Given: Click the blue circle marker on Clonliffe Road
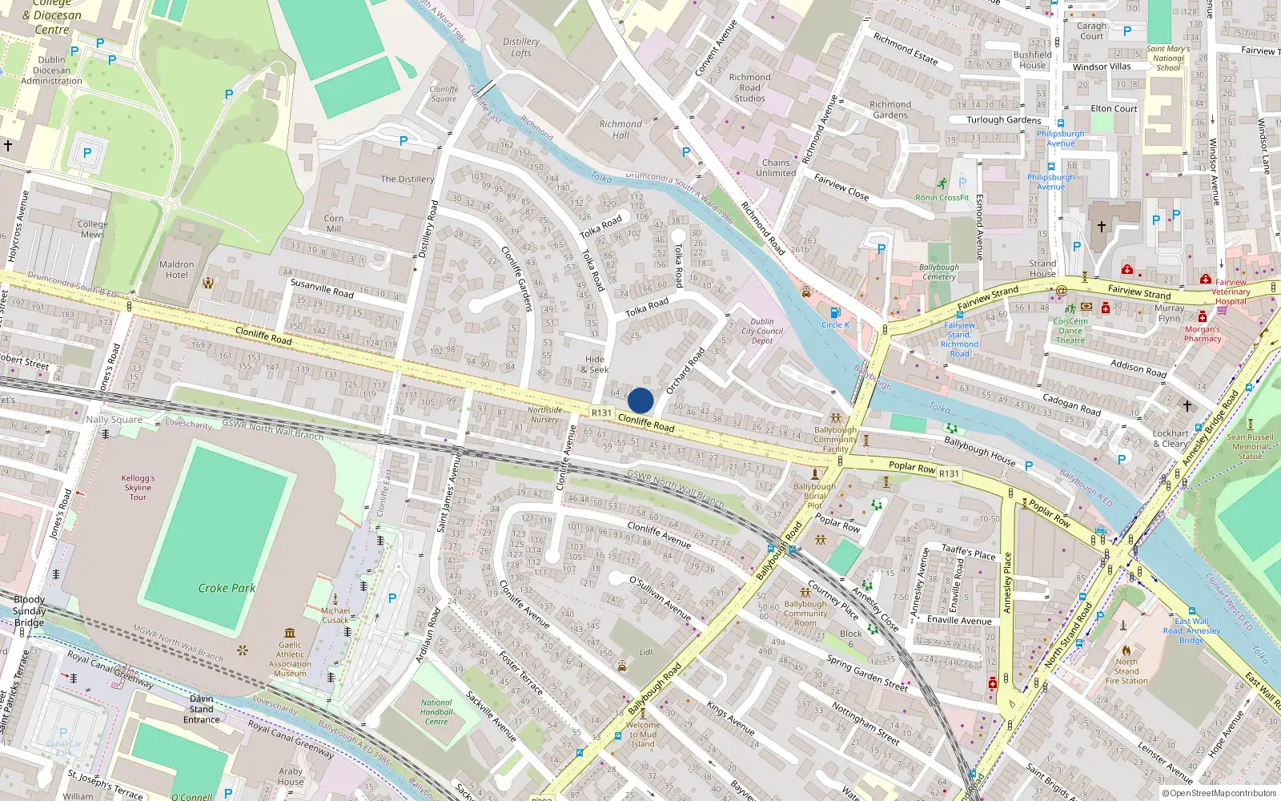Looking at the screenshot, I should coord(640,400).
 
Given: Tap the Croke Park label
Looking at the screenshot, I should coord(227,588).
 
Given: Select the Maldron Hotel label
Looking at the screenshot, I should coord(176,269).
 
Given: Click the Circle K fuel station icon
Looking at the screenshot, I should coord(835,312).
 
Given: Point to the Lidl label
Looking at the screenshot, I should coord(645,652).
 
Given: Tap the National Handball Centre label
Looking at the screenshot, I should coord(436,712).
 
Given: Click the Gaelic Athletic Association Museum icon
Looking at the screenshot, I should coord(290,633).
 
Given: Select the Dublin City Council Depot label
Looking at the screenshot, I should coord(762,331).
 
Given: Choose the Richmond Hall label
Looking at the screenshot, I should coord(620,130).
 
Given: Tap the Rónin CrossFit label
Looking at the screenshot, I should coord(942,197).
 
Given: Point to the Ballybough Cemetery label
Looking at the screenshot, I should coord(939,272).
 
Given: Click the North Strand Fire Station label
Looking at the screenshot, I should coord(1126,671).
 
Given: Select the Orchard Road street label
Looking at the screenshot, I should coord(685,369).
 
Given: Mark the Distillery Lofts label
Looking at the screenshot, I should coord(521,47).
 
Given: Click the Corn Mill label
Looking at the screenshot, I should coord(334,223).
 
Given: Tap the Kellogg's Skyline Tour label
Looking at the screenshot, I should coord(138,487).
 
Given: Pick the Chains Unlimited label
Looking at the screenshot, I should coord(776,167).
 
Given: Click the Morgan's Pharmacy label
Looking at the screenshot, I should coord(1203,334).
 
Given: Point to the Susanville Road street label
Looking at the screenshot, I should coord(322,288).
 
